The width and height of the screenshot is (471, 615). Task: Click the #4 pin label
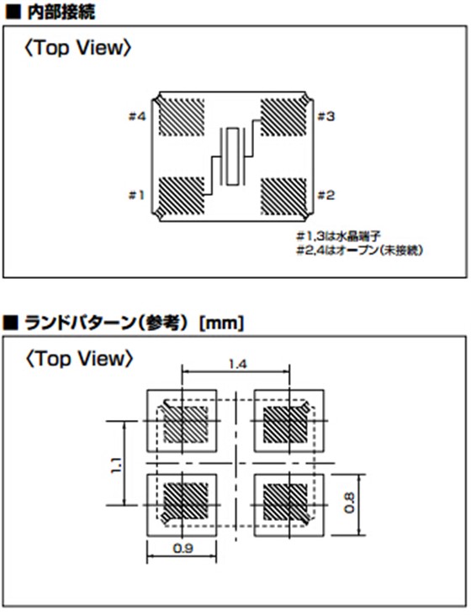point(137,117)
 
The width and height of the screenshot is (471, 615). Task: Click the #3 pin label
point(326,117)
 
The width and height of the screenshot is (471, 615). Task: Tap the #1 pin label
point(136,195)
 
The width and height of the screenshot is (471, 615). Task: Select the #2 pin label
point(326,195)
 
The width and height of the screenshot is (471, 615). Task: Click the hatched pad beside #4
point(182,117)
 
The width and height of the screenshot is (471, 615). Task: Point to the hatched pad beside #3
point(283,117)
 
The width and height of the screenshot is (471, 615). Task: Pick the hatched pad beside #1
point(182,196)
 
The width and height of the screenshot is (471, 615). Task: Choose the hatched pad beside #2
point(283,196)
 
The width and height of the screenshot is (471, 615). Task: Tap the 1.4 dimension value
point(237,365)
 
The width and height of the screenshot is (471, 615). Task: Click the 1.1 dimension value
point(116,465)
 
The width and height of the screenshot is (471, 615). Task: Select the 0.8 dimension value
point(349,503)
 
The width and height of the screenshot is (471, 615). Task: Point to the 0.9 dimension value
point(183,548)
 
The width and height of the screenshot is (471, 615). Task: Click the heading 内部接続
point(61,13)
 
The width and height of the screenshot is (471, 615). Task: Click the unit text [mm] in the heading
point(222,323)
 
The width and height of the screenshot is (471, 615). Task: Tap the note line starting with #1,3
point(338,236)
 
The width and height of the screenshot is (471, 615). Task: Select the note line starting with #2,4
point(360,250)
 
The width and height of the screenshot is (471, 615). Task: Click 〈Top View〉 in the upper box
point(77,48)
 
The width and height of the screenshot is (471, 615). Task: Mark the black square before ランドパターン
point(11,323)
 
